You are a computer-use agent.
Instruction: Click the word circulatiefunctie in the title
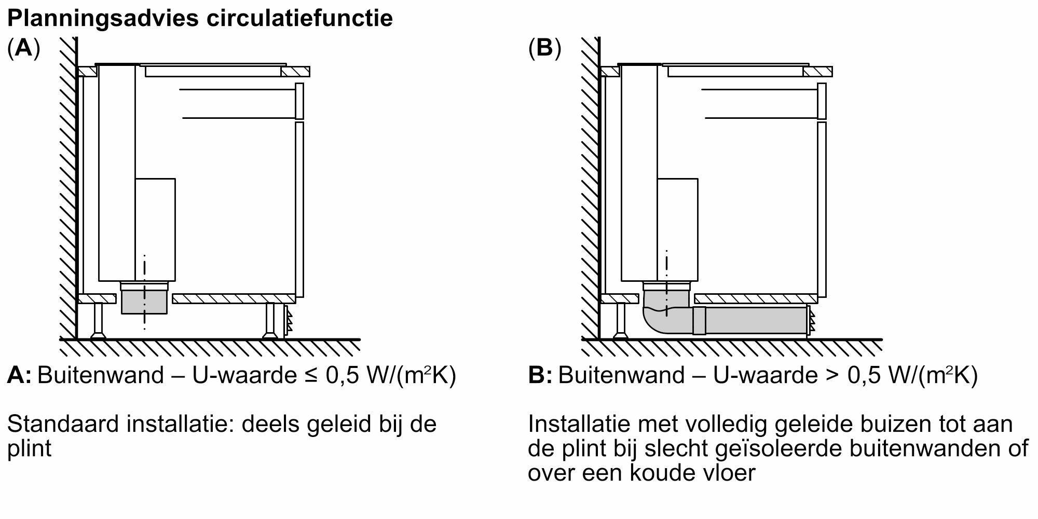pos(299,19)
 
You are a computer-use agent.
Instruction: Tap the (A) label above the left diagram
pos(23,49)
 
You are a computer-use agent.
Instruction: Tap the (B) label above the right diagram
pos(544,49)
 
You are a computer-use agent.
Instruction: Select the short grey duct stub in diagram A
pos(144,303)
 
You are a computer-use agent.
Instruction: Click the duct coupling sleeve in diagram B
pos(699,320)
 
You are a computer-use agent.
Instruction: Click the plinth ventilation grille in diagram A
pos(288,321)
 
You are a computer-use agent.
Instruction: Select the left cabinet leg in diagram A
pos(98,321)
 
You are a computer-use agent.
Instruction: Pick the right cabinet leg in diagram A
pos(270,321)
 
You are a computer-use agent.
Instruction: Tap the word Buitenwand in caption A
pos(101,375)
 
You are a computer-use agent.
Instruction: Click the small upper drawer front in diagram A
pos(299,101)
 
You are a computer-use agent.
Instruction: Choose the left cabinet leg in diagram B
pos(620,321)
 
